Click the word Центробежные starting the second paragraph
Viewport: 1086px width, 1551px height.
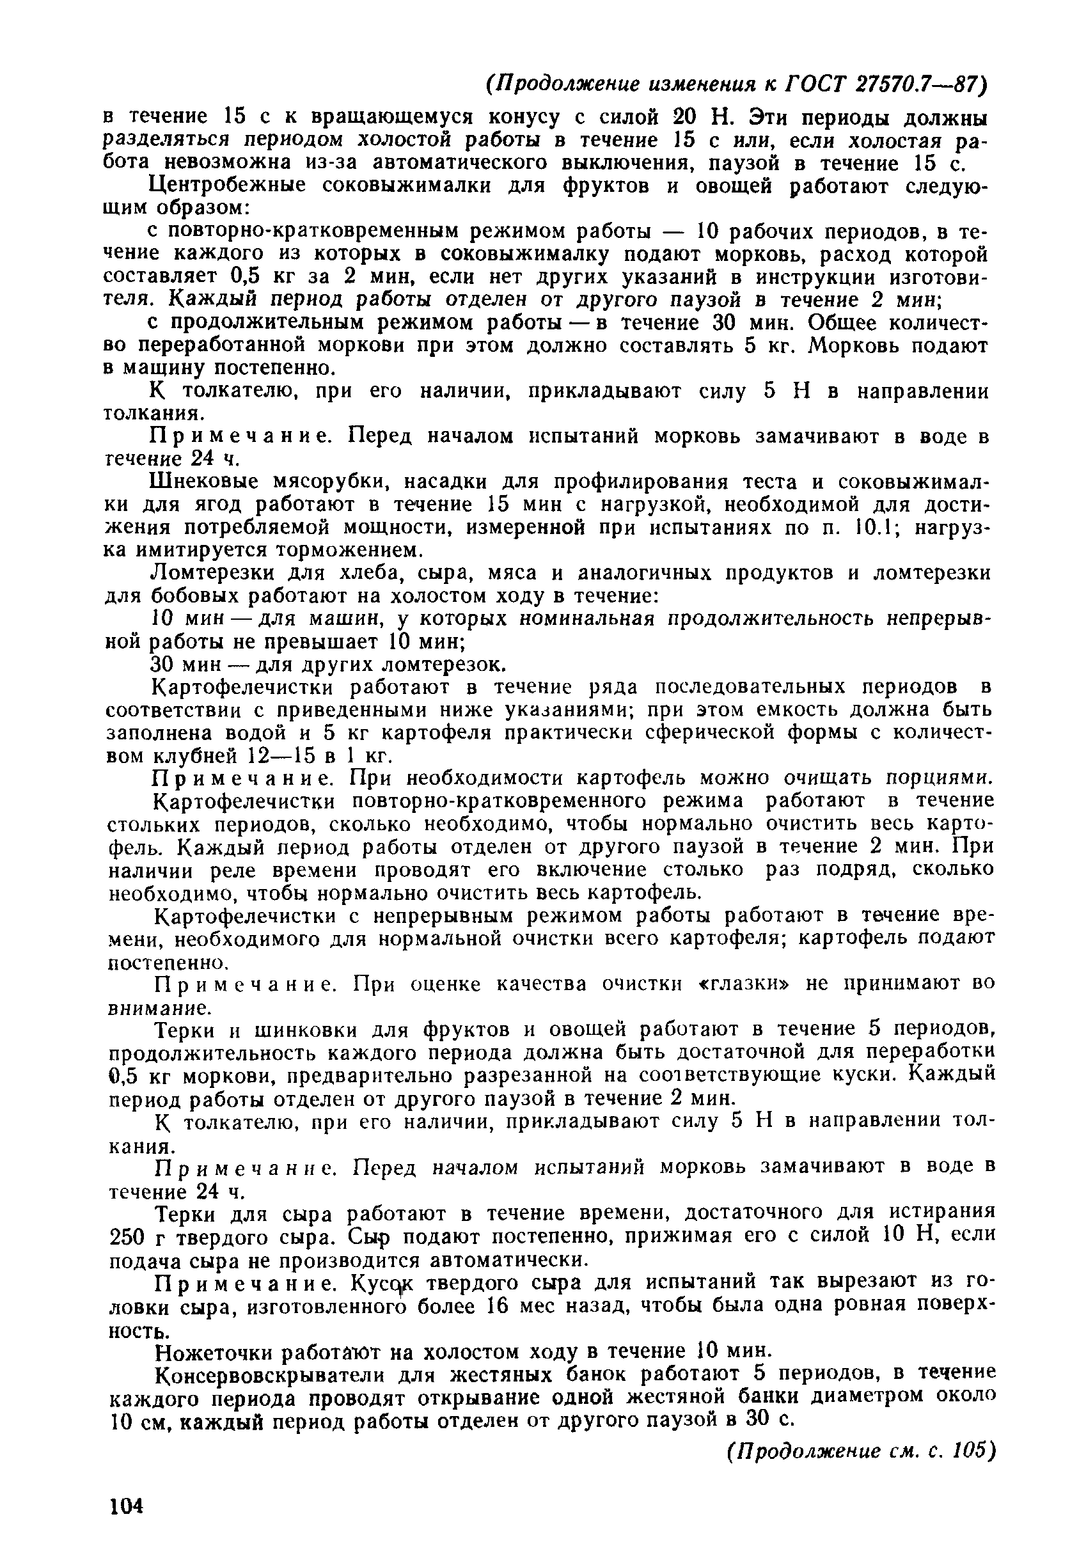click(x=228, y=185)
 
